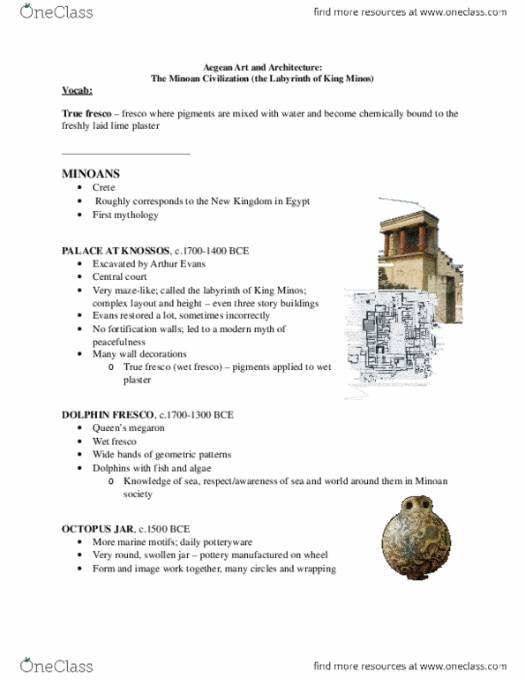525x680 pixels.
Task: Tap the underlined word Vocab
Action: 79,91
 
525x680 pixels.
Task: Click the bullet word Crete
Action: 104,188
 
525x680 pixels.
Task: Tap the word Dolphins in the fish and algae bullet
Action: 112,467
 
